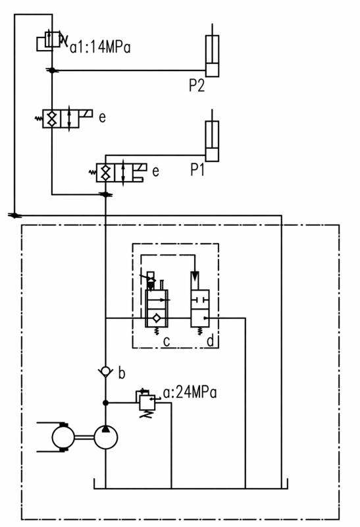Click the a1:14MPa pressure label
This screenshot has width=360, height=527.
point(100,47)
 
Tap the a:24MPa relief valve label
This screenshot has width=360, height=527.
point(190,392)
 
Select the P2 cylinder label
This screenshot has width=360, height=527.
point(197,86)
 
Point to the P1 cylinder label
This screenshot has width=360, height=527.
point(197,170)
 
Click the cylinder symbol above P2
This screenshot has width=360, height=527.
point(212,51)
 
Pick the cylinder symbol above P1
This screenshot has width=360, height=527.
point(212,136)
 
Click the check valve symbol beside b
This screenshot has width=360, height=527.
point(105,372)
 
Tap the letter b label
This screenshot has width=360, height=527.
point(122,373)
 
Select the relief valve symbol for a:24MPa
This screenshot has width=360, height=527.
point(147,402)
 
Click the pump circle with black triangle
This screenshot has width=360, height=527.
point(106,437)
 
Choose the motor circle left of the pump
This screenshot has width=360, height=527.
point(63,437)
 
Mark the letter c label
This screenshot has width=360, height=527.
point(167,341)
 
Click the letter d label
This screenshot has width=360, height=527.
point(211,341)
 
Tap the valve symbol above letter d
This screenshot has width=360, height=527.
point(200,304)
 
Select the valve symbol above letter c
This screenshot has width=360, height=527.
point(157,304)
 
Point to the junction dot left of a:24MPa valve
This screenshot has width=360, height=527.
point(105,402)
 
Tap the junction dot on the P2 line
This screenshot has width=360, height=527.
point(52,70)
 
